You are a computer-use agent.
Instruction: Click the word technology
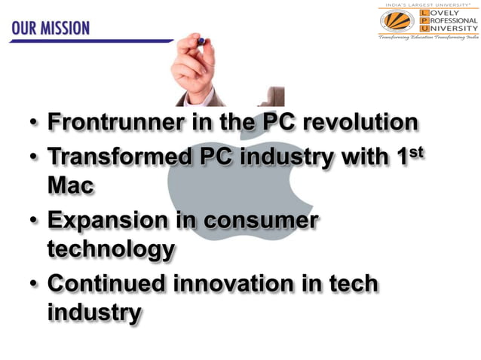[x=111, y=249]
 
